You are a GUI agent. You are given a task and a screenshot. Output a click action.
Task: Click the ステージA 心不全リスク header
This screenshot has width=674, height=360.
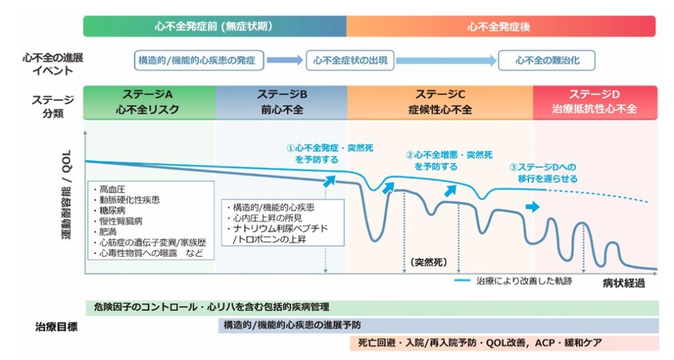tap(149, 102)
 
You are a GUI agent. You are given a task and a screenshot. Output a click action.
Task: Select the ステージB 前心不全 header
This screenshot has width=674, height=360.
tap(282, 102)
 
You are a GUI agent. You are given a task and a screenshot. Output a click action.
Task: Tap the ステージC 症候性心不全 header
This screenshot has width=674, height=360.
tap(440, 102)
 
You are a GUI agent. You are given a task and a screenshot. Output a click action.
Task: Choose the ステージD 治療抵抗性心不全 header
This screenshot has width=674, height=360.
tap(595, 102)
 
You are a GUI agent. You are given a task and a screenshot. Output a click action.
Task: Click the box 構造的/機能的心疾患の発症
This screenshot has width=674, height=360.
tap(199, 61)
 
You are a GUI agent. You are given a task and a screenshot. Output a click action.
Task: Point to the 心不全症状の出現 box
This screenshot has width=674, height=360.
tap(350, 61)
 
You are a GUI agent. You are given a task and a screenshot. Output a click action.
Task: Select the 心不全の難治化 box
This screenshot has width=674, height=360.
tap(547, 61)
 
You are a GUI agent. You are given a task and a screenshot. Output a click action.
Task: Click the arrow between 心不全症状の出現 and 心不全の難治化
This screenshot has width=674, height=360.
tap(446, 61)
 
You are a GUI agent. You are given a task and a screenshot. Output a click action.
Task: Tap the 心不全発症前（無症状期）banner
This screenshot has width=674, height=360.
tap(215, 26)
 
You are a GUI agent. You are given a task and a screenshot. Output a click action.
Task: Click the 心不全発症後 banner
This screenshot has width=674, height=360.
tap(501, 26)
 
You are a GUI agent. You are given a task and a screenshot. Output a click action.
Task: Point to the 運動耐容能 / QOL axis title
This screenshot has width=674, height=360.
tap(66, 195)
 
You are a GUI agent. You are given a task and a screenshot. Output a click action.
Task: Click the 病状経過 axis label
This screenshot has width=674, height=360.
tap(624, 283)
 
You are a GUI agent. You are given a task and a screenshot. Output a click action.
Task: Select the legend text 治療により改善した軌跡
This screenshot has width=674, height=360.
tap(523, 281)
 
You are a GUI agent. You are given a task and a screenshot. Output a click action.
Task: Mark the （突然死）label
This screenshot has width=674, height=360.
tap(428, 262)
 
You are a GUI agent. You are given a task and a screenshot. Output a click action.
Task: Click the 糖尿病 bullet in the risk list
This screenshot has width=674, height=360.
tap(110, 211)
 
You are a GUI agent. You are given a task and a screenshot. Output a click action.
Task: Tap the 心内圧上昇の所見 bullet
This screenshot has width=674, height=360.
tap(265, 219)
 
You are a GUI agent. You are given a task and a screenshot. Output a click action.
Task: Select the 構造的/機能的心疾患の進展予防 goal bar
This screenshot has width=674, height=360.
tap(438, 325)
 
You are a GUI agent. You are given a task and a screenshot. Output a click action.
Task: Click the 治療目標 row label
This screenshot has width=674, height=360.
tap(57, 327)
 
